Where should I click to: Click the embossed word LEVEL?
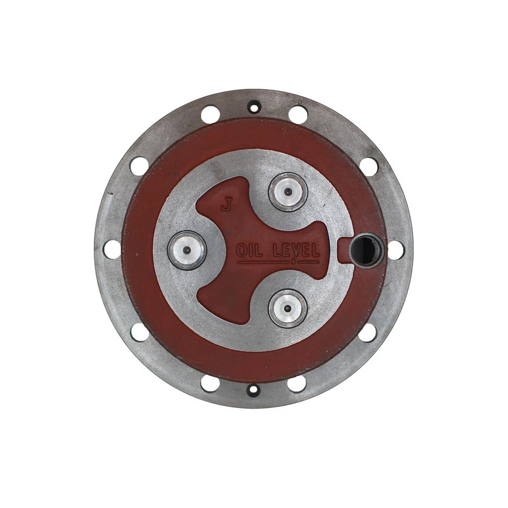tap(299, 250)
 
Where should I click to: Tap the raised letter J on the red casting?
tap(226, 205)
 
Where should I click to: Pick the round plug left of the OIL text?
tap(187, 250)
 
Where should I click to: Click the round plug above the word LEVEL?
tap(287, 192)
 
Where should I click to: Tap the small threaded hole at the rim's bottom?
tap(254, 390)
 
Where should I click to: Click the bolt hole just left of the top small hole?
tap(211, 114)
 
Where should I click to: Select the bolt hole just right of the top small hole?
tap(298, 114)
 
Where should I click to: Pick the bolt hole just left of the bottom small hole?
tap(211, 383)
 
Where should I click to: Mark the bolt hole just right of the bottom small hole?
tap(297, 383)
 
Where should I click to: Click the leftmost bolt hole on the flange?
tap(112, 249)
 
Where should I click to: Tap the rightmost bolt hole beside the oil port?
tap(396, 250)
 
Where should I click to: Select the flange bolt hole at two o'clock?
tap(369, 166)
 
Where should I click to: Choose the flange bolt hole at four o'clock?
tap(368, 332)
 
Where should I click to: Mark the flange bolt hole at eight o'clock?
tap(140, 332)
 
